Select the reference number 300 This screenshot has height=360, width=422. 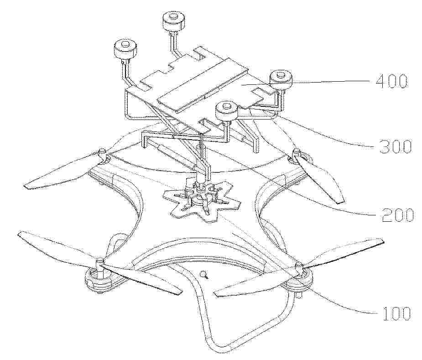[x=395, y=146]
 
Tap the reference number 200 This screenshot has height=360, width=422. [x=398, y=215]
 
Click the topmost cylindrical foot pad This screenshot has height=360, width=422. [x=174, y=21]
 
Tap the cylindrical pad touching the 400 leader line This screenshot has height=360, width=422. [x=281, y=78]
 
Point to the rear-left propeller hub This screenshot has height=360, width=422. [x=102, y=156]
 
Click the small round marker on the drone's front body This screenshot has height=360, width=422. [x=205, y=275]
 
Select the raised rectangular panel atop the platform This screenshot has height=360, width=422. [x=203, y=84]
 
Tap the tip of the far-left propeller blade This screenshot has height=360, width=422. [x=26, y=186]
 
